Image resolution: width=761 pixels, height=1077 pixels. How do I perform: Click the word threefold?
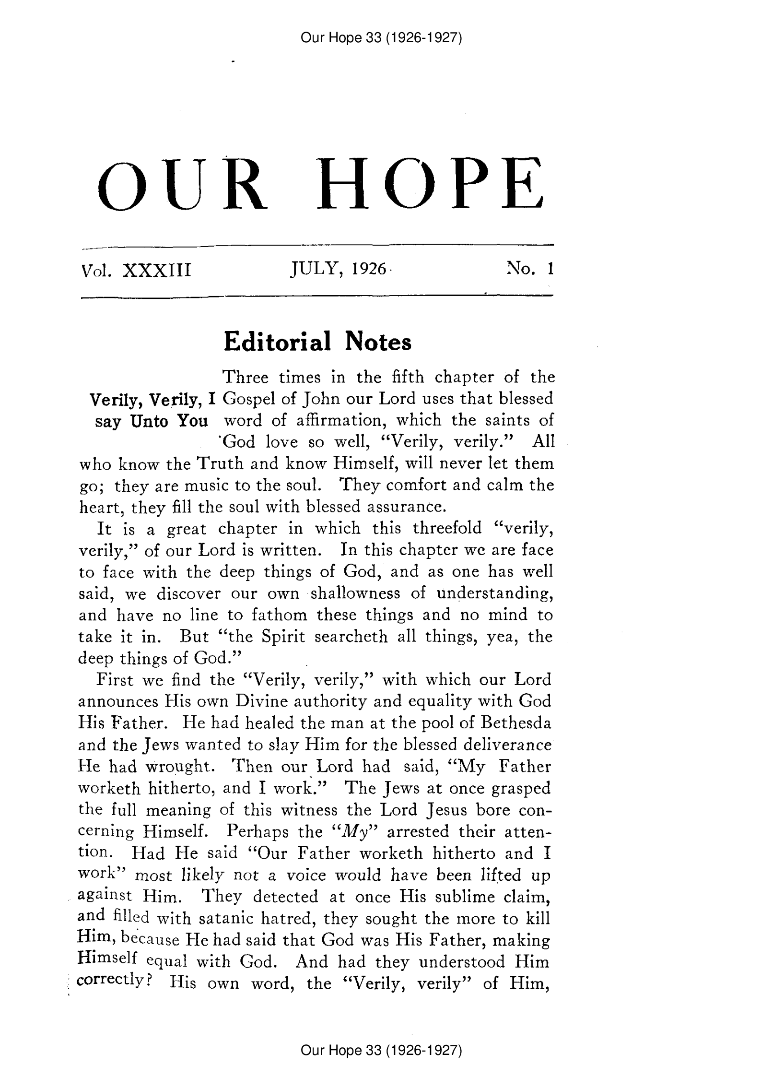click(x=447, y=529)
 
